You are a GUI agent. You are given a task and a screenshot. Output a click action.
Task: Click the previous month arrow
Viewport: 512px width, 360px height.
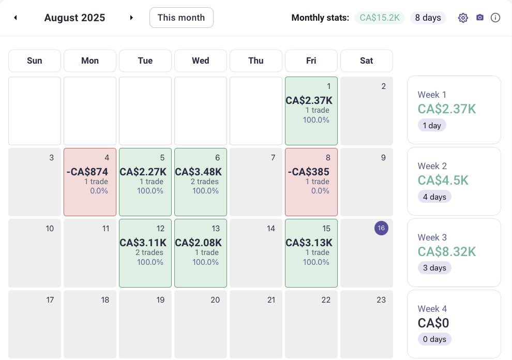[16, 18]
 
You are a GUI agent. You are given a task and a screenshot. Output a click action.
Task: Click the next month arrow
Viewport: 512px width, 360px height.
[131, 18]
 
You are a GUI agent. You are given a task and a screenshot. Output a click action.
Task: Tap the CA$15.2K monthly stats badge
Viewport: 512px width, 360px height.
[380, 18]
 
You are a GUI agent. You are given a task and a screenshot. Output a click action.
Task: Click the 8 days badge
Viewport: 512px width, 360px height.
[428, 18]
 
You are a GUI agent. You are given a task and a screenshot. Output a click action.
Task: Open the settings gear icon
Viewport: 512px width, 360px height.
[463, 18]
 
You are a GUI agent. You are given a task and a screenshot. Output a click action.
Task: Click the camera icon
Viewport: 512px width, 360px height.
[480, 18]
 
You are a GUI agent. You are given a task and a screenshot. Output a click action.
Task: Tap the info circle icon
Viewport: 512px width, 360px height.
[495, 18]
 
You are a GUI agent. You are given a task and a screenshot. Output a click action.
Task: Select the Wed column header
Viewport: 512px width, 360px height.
[201, 61]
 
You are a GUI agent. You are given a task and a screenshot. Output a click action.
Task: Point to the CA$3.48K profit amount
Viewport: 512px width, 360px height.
[198, 172]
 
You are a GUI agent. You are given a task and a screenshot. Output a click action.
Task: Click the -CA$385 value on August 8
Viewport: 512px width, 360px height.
[309, 172]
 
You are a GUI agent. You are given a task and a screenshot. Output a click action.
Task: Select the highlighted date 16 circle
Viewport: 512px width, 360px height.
[381, 228]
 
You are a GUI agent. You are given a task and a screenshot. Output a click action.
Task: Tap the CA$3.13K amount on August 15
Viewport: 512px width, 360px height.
[309, 243]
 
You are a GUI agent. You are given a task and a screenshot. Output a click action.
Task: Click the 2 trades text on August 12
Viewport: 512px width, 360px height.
[149, 252]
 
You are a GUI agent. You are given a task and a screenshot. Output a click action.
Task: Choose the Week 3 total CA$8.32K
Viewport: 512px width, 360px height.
[447, 252]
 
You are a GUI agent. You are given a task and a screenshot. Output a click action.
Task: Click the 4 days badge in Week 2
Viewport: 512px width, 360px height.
[434, 197]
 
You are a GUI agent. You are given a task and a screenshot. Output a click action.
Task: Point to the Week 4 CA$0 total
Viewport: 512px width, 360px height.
[433, 323]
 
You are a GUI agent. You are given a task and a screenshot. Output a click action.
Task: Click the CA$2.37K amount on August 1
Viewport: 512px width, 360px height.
[309, 100]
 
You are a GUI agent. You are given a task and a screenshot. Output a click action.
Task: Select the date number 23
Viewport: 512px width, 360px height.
[381, 300]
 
